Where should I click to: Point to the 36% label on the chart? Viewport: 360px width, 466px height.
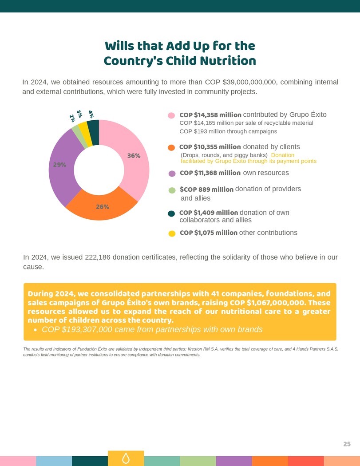pos(134,156)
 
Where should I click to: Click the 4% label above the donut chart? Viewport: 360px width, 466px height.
pos(91,115)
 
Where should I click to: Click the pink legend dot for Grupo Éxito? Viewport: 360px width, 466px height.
pos(171,115)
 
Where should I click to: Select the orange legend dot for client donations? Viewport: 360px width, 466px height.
pos(171,147)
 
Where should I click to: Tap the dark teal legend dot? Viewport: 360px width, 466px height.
pos(171,214)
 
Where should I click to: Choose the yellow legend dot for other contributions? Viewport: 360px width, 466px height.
pos(171,233)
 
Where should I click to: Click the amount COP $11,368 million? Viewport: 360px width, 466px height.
pos(210,173)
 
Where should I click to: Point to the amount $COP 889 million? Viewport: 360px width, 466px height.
pos(206,190)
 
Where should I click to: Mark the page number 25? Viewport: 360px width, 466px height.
pos(347,444)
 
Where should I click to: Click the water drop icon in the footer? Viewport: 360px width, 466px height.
pos(126,458)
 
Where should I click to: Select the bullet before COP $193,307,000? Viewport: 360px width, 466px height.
pos(36,330)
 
